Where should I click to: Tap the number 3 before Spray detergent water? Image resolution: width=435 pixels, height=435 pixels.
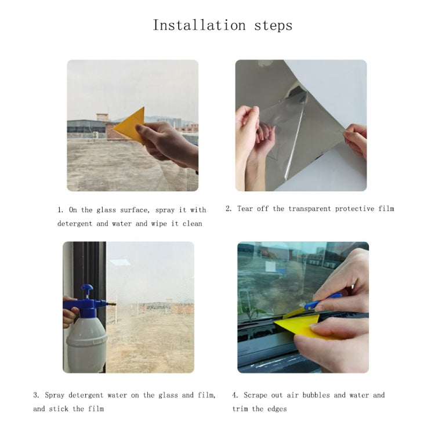click(35, 396)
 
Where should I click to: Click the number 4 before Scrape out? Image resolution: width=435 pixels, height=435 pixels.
click(234, 396)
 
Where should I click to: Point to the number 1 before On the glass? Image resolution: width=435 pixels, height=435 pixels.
click(60, 210)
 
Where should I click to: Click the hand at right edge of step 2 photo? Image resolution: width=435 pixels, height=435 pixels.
click(356, 139)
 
